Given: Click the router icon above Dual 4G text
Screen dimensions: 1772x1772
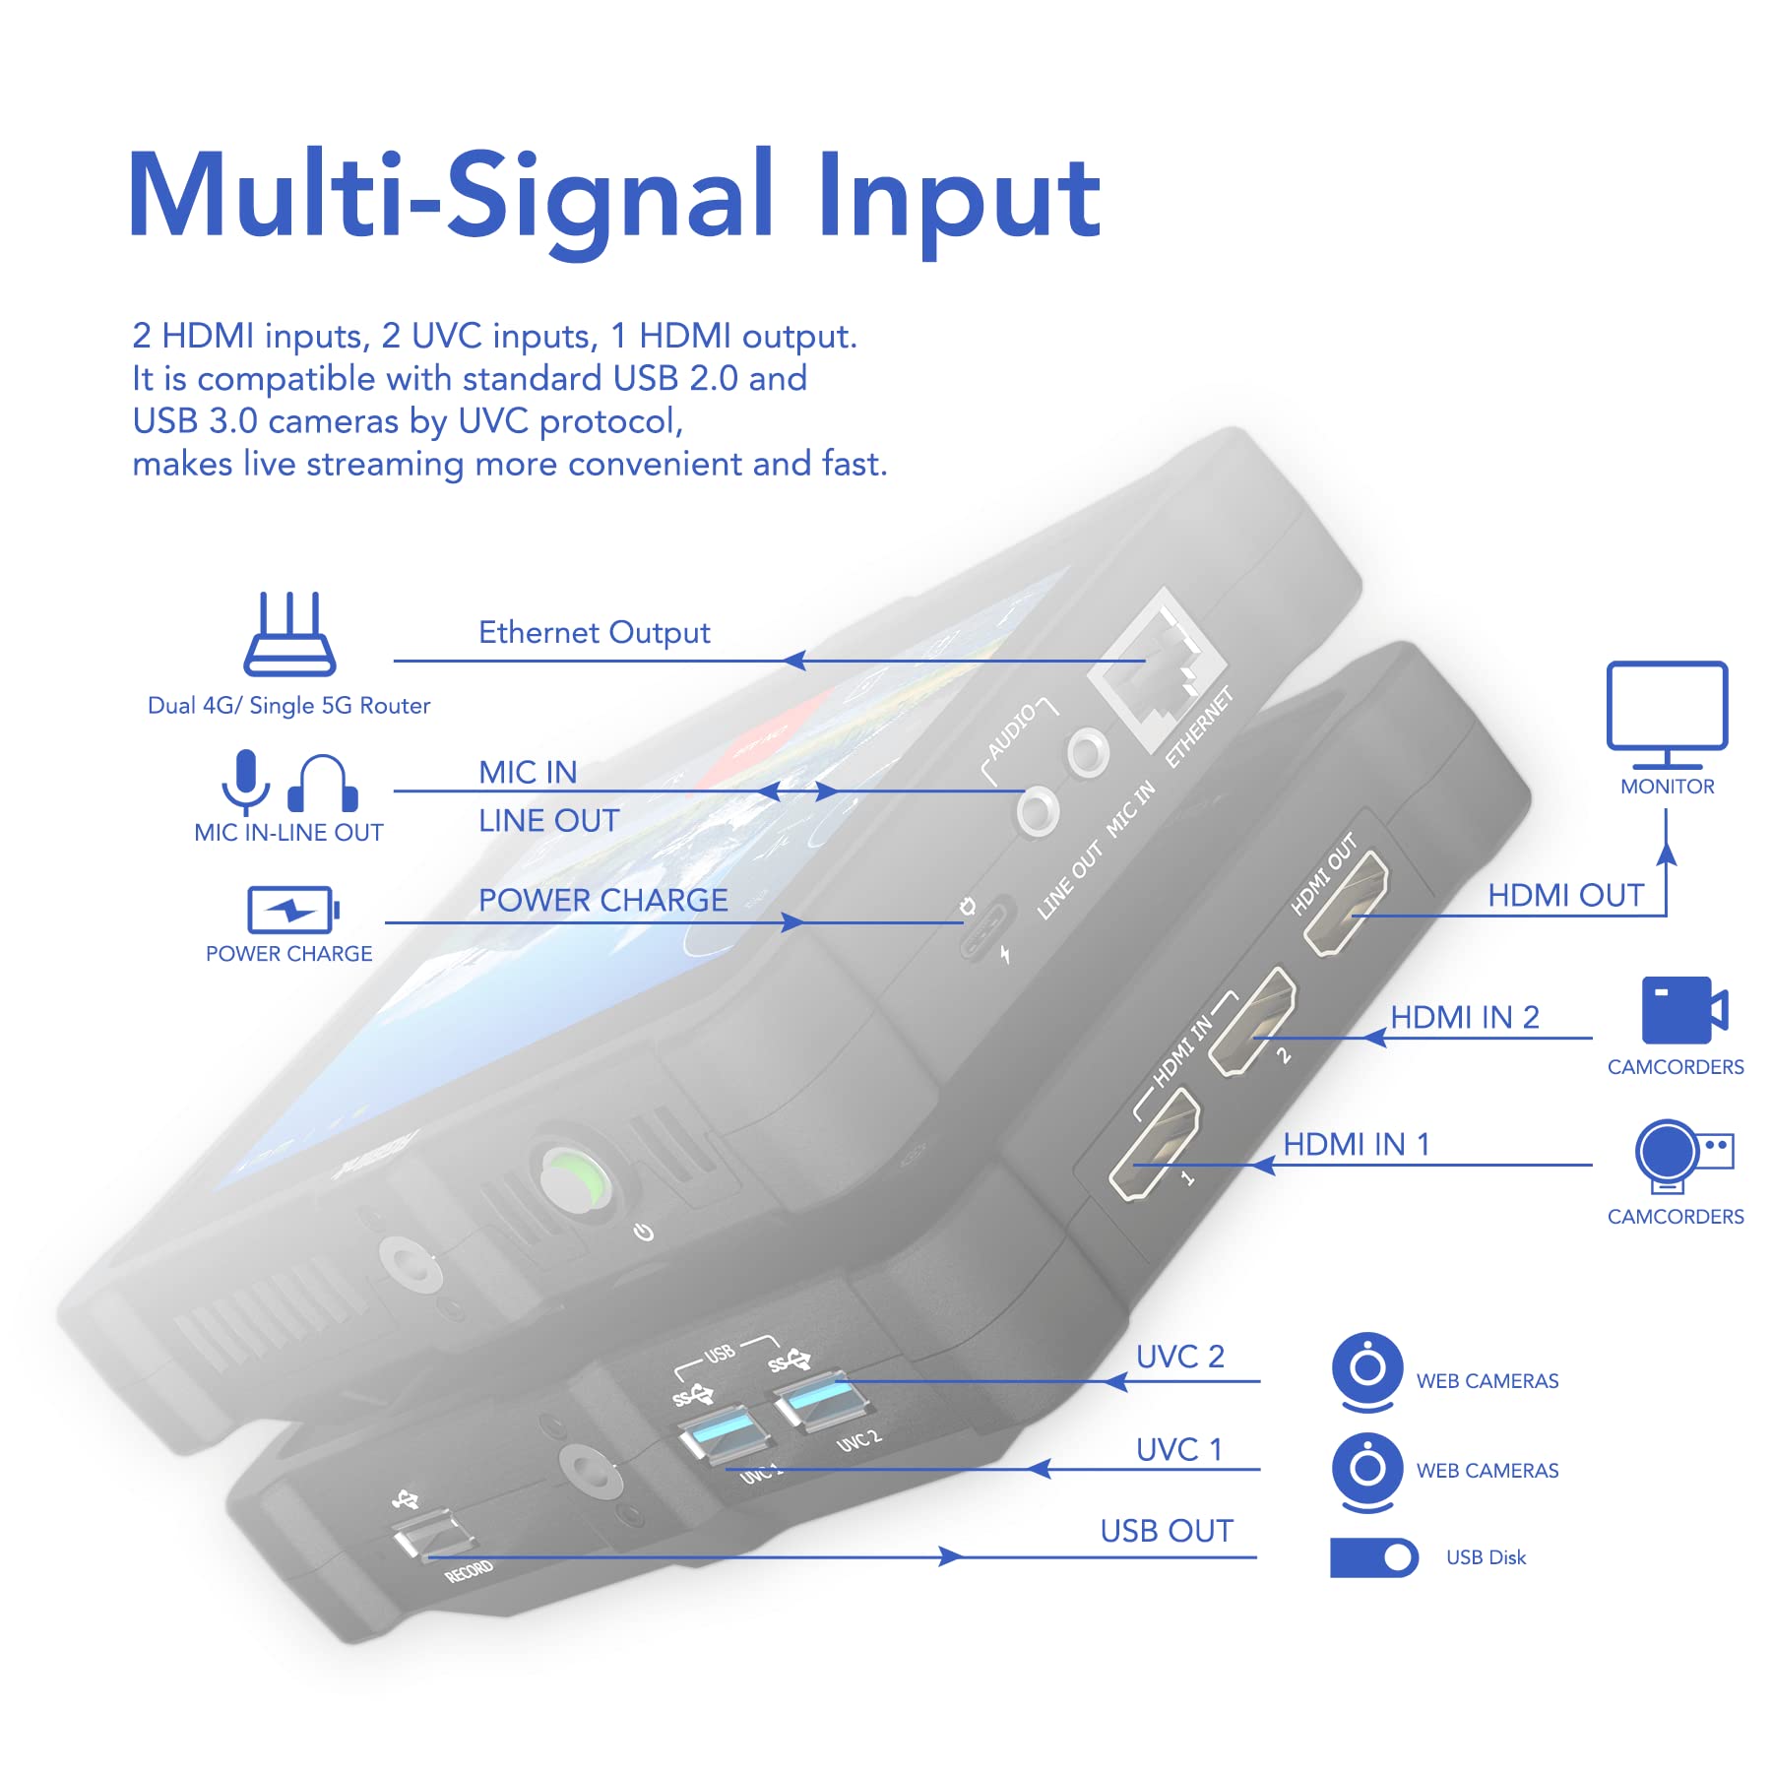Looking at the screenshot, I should point(289,635).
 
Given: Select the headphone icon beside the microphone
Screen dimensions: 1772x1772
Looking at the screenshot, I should point(322,784).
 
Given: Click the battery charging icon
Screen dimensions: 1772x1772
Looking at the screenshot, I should point(292,910).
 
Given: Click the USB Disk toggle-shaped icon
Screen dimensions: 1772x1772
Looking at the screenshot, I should point(1373,1557).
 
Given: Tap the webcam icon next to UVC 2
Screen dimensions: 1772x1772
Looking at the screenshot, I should point(1366,1370).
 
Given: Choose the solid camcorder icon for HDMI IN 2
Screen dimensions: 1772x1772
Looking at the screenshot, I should point(1683,1010).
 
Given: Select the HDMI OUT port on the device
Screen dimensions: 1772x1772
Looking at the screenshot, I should point(1346,903).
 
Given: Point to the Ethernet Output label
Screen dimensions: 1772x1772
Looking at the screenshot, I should point(594,632).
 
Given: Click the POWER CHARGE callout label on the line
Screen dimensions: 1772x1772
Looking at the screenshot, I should point(602,900).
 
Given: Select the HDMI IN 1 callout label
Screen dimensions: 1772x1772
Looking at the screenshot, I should point(1356,1144).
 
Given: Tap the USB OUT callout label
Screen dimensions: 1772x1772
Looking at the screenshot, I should point(1166,1531).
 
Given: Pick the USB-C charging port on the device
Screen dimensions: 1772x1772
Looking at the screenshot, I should point(986,926).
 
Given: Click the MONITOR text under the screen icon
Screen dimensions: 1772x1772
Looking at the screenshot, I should point(1667,787).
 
